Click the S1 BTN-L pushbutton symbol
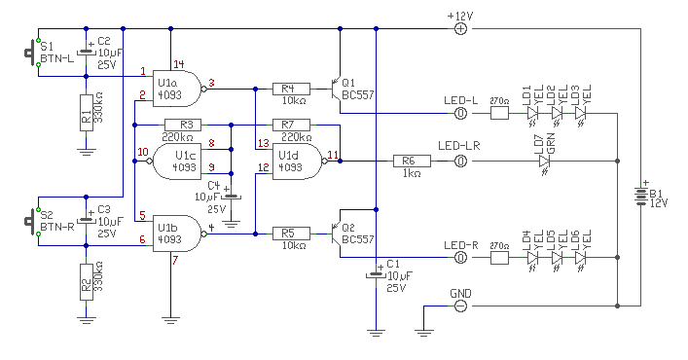(31, 53)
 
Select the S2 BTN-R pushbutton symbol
(31, 222)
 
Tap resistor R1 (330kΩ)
(87, 113)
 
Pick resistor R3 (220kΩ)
(183, 125)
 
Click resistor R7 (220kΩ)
(291, 125)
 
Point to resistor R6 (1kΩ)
(412, 162)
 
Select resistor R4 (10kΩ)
(291, 89)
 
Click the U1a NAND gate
(179, 89)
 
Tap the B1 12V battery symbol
(641, 197)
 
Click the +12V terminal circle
(460, 29)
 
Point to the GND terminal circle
(460, 306)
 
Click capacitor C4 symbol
(232, 196)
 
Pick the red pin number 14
(179, 64)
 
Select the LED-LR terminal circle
(460, 162)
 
